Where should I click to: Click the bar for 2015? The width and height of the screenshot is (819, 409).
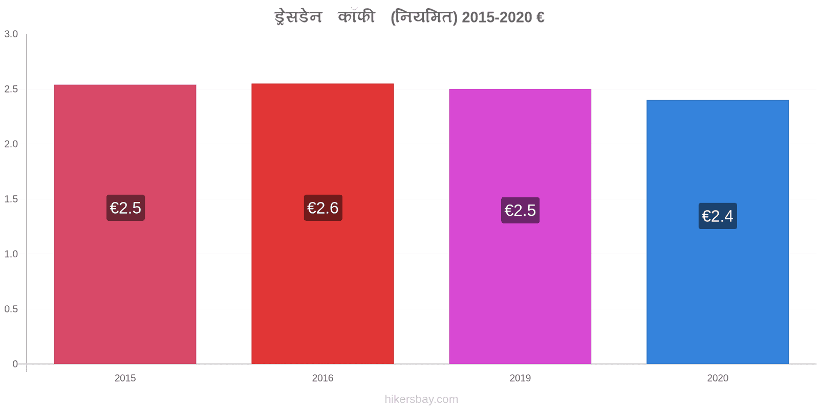[125, 224]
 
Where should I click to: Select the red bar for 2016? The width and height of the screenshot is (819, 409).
[322, 223]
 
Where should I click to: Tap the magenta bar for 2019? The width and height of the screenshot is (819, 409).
[520, 226]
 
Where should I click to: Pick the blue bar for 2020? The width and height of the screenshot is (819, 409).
[717, 232]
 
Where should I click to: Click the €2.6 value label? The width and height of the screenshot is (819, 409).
[323, 208]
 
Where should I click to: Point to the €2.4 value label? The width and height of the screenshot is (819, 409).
[718, 216]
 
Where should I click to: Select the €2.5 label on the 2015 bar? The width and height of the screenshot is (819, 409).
[125, 208]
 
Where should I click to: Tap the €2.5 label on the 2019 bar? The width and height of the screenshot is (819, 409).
[520, 210]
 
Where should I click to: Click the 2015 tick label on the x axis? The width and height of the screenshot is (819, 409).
[125, 378]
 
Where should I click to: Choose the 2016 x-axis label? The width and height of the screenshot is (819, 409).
[322, 378]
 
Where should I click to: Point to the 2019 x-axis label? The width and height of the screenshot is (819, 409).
[520, 378]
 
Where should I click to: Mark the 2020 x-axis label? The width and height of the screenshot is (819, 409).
[718, 378]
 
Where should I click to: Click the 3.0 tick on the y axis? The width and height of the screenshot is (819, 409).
[11, 34]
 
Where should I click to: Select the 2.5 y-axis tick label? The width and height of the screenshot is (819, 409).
[11, 89]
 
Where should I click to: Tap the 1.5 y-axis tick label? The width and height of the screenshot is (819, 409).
[11, 199]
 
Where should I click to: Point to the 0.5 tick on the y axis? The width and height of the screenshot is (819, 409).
[11, 309]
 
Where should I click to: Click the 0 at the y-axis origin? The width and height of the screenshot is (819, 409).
[15, 363]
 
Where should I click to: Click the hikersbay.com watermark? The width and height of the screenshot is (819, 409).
[421, 399]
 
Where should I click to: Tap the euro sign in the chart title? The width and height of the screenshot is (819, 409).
[541, 17]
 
